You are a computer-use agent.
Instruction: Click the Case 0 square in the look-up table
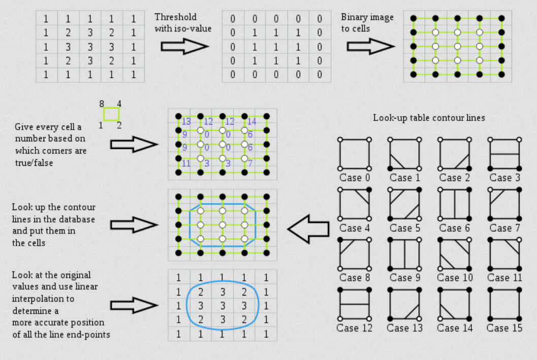click(x=354, y=154)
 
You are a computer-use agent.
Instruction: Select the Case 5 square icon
click(x=404, y=203)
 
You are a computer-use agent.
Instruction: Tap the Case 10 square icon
click(x=454, y=253)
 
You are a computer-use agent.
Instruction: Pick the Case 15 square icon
click(x=503, y=304)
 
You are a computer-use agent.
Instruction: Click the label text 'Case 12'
click(x=354, y=328)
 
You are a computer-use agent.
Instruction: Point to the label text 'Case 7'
click(x=504, y=228)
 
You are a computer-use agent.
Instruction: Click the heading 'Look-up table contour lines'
click(x=429, y=118)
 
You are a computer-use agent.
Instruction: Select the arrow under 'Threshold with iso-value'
click(x=184, y=46)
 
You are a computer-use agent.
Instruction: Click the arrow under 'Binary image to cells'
click(x=370, y=46)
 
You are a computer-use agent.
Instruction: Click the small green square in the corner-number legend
click(x=111, y=114)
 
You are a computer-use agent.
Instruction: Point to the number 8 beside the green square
click(x=102, y=104)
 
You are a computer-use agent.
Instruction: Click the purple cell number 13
click(x=186, y=122)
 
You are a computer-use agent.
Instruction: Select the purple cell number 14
click(x=251, y=122)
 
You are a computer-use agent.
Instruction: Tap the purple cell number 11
click(x=186, y=163)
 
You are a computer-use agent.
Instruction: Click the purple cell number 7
click(x=250, y=163)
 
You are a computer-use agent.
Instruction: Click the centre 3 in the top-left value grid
click(x=90, y=47)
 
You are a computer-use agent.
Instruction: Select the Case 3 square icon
click(x=503, y=154)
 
